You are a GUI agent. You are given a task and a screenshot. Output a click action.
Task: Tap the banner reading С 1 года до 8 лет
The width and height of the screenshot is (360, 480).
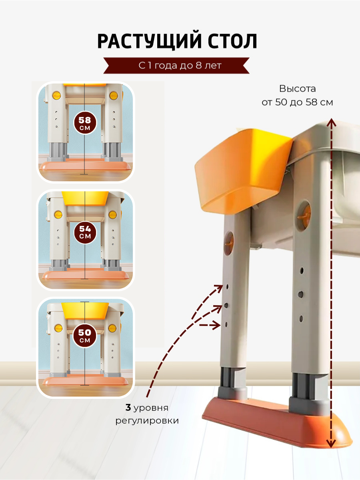point(180,66)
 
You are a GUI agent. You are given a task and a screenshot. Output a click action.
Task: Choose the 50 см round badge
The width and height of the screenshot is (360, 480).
point(85,336)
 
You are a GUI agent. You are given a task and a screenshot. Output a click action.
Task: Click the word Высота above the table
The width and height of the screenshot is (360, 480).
point(298,89)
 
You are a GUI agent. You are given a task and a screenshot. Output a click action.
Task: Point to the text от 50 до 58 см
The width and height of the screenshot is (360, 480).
point(298,102)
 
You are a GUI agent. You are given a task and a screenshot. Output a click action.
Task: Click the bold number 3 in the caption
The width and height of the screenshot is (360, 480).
point(128,408)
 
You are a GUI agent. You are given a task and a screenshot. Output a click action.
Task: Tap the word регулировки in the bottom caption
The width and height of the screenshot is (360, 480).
point(147,421)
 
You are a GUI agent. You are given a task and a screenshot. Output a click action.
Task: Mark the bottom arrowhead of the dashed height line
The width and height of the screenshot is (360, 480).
point(330,444)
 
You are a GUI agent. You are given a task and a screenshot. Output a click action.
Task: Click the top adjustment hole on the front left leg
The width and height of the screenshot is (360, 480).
point(227,286)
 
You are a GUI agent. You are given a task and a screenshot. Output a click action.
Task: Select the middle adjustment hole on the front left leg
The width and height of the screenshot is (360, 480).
point(227,305)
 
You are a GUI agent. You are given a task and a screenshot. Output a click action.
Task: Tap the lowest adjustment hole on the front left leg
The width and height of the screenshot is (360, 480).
point(227,324)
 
